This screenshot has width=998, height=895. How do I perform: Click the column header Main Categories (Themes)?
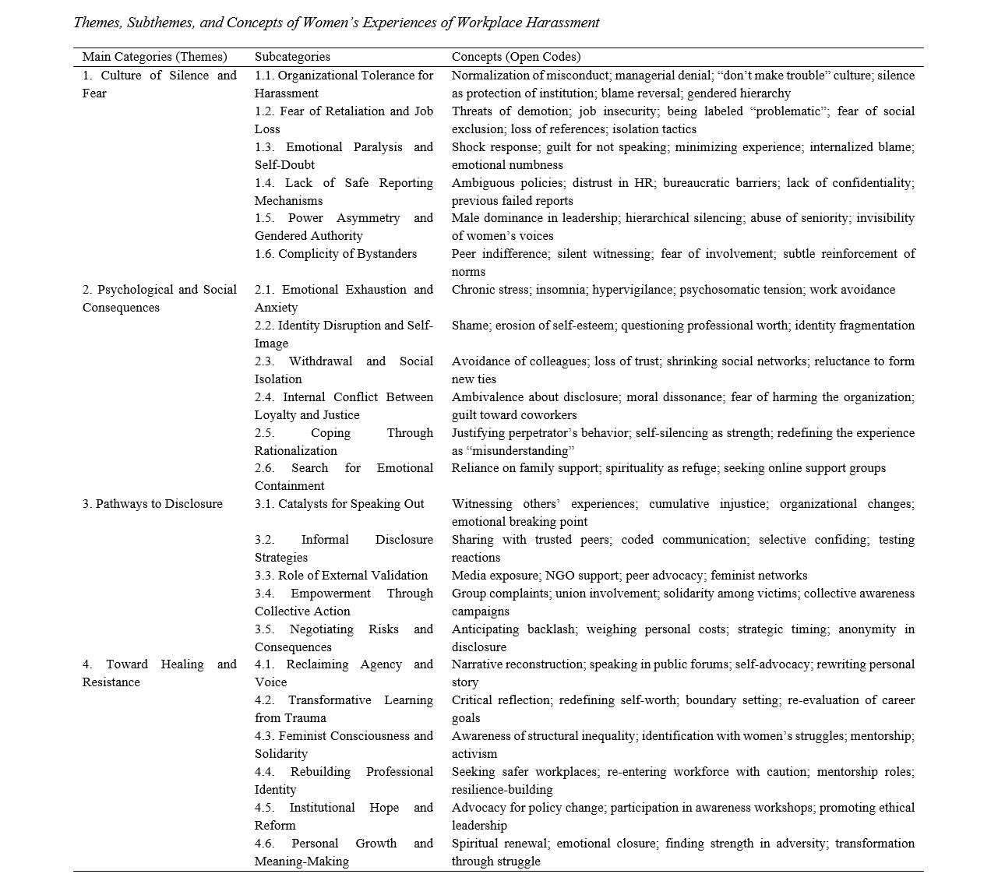click(154, 57)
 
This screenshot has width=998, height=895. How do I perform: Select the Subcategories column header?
click(292, 57)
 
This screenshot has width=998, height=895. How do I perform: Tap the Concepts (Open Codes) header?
click(516, 57)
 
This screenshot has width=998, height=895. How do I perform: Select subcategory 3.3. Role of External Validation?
click(341, 576)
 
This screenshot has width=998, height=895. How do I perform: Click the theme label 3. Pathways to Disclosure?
click(152, 504)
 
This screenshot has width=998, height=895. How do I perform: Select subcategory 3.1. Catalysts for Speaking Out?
click(339, 504)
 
